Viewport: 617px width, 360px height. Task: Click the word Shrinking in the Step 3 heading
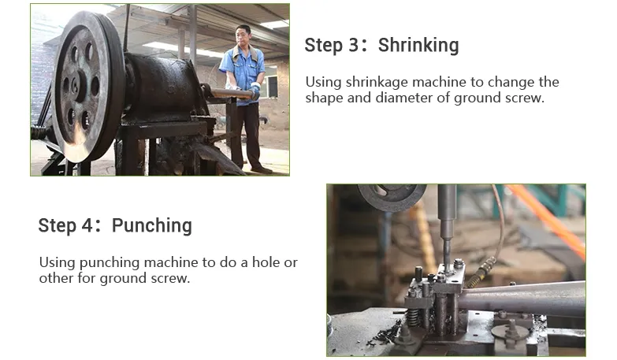tap(418, 45)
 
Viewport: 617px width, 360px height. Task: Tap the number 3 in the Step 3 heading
tap(353, 45)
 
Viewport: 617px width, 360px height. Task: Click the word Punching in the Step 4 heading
tap(152, 226)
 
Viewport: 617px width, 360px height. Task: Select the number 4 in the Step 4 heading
tap(87, 226)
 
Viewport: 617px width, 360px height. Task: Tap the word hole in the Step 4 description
tap(266, 262)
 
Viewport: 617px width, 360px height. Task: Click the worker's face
tap(243, 36)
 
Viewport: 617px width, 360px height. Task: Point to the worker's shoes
tap(262, 169)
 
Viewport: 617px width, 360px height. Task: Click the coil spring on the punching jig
tap(413, 317)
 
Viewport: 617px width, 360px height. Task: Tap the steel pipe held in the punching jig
tap(523, 300)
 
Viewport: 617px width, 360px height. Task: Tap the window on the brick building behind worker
tap(273, 86)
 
